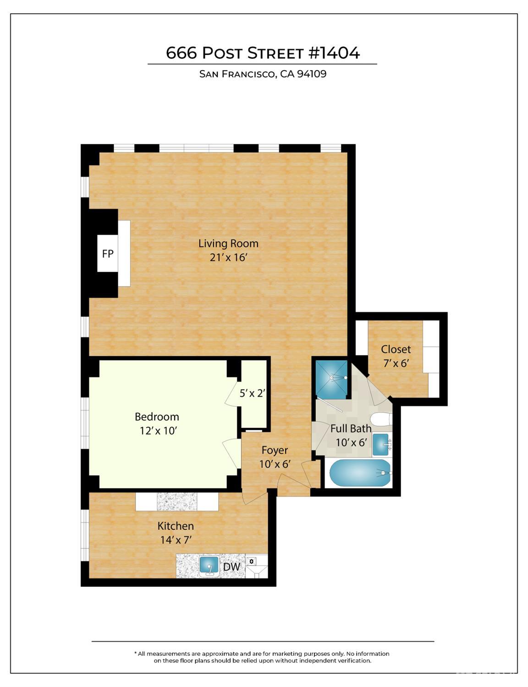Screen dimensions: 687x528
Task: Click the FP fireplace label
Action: pos(108,253)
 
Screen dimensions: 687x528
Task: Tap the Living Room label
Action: pos(228,243)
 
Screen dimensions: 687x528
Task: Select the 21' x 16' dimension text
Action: pos(228,258)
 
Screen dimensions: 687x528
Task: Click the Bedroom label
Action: pos(157,417)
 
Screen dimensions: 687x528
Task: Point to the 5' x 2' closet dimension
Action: pos(253,393)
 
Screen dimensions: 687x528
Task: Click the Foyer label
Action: pos(275,450)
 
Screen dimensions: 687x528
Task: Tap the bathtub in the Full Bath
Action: pos(360,473)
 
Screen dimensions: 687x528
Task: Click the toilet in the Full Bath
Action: pos(380,419)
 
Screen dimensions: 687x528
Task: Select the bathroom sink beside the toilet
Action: pos(381,444)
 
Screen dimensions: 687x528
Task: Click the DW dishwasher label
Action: pos(231,567)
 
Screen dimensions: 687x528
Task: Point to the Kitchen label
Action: pos(176,526)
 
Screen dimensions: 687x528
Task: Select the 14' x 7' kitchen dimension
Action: pos(176,540)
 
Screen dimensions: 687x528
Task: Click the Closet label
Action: pos(396,349)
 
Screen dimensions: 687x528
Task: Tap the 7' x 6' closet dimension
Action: pos(396,363)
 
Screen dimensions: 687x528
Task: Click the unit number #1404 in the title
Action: pos(334,53)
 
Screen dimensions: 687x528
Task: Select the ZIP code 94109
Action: pos(312,74)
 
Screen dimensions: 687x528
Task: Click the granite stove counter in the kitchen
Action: pos(176,502)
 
